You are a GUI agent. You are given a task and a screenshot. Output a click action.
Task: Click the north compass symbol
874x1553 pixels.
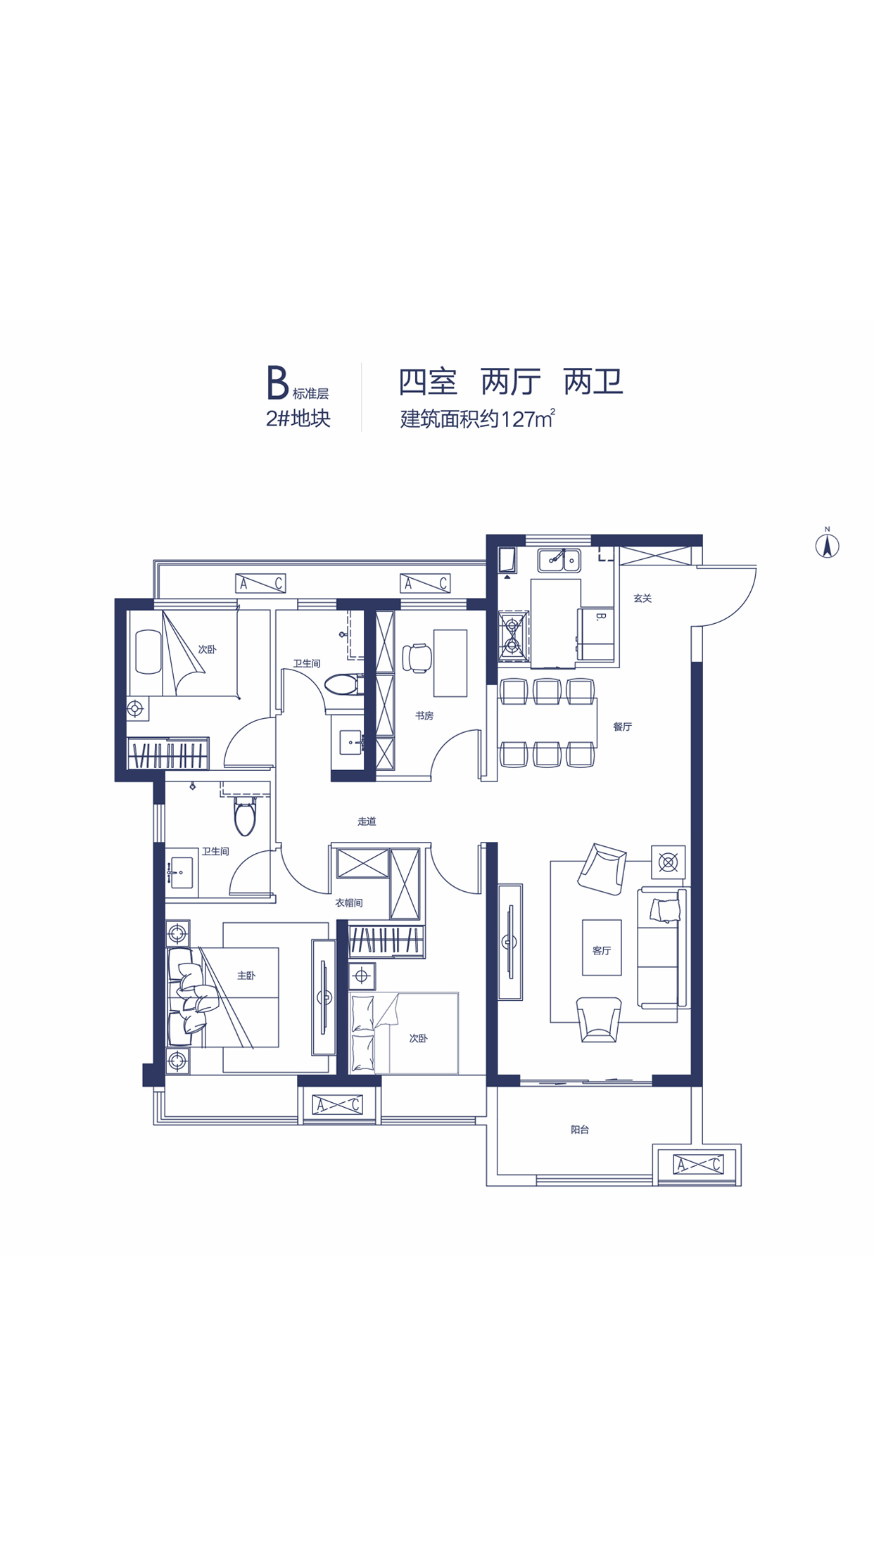pyautogui.click(x=828, y=545)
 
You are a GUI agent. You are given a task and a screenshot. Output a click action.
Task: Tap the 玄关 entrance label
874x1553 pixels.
pyautogui.click(x=642, y=599)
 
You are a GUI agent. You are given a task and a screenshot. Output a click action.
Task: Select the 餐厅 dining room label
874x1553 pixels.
pyautogui.click(x=622, y=727)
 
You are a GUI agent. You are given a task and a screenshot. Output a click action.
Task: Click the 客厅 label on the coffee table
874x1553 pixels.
pyautogui.click(x=602, y=950)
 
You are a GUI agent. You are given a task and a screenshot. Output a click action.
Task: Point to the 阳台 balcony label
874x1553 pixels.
pyautogui.click(x=580, y=1130)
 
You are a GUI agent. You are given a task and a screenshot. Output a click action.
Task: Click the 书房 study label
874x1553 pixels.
pyautogui.click(x=424, y=715)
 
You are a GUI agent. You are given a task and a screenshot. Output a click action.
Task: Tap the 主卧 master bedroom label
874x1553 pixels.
pyautogui.click(x=246, y=976)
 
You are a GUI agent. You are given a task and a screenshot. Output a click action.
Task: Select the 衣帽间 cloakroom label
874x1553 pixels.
pyautogui.click(x=349, y=902)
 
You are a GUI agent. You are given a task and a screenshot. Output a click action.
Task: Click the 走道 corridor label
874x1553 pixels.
pyautogui.click(x=367, y=821)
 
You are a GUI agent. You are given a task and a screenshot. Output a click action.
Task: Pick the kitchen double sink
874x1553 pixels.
pyautogui.click(x=559, y=561)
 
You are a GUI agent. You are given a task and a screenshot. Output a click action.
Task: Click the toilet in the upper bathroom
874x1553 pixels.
pyautogui.click(x=345, y=684)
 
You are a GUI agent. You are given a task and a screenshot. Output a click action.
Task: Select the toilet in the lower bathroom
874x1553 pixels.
pyautogui.click(x=245, y=815)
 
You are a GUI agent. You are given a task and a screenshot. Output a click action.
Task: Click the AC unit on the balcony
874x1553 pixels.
pyautogui.click(x=698, y=1164)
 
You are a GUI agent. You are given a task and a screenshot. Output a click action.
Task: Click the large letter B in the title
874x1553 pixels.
pyautogui.click(x=278, y=383)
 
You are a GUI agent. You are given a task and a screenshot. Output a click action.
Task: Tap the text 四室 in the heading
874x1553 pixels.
pyautogui.click(x=429, y=382)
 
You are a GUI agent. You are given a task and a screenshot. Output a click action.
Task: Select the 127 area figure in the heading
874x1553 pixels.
pyautogui.click(x=517, y=420)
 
